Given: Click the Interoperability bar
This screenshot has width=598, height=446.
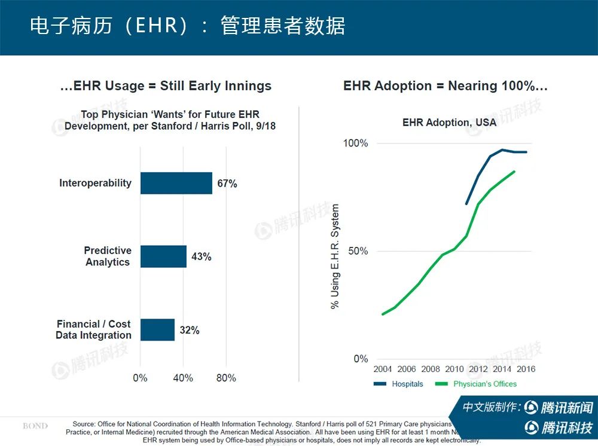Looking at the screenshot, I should point(176,183).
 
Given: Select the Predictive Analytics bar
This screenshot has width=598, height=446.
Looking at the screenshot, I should point(163,256).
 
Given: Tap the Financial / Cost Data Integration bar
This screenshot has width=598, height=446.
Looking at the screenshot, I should point(157,329).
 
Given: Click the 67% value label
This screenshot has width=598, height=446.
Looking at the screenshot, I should point(227,184).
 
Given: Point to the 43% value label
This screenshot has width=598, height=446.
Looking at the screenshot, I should point(202,257).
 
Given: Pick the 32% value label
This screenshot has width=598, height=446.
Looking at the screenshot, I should point(190,330).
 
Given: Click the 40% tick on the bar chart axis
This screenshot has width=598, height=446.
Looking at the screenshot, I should point(183,378).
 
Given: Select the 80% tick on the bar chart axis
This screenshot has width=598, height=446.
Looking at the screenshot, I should point(225,378).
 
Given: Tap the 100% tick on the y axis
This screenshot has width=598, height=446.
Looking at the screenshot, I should point(355,143).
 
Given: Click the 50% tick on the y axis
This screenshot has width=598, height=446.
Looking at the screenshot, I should point(358,251).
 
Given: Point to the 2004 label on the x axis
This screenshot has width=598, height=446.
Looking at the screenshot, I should point(383,369).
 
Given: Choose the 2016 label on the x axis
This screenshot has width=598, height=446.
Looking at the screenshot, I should point(526,369).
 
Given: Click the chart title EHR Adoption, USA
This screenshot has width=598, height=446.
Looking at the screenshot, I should point(449,123).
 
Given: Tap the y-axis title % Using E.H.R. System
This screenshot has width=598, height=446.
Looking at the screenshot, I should point(335,256).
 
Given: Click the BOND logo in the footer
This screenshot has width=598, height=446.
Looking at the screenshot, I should point(35,426).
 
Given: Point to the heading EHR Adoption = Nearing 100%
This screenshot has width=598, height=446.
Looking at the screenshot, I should point(446,86).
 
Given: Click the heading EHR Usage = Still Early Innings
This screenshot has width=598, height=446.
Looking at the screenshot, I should point(166,86).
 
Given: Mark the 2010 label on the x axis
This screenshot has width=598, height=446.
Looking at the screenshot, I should point(454,369).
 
